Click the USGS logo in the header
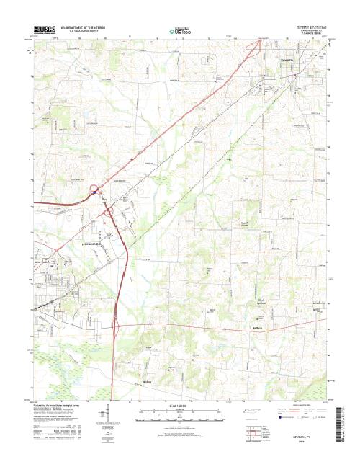(x=42, y=30)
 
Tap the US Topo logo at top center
(x=180, y=31)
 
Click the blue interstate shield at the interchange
(x=94, y=191)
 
